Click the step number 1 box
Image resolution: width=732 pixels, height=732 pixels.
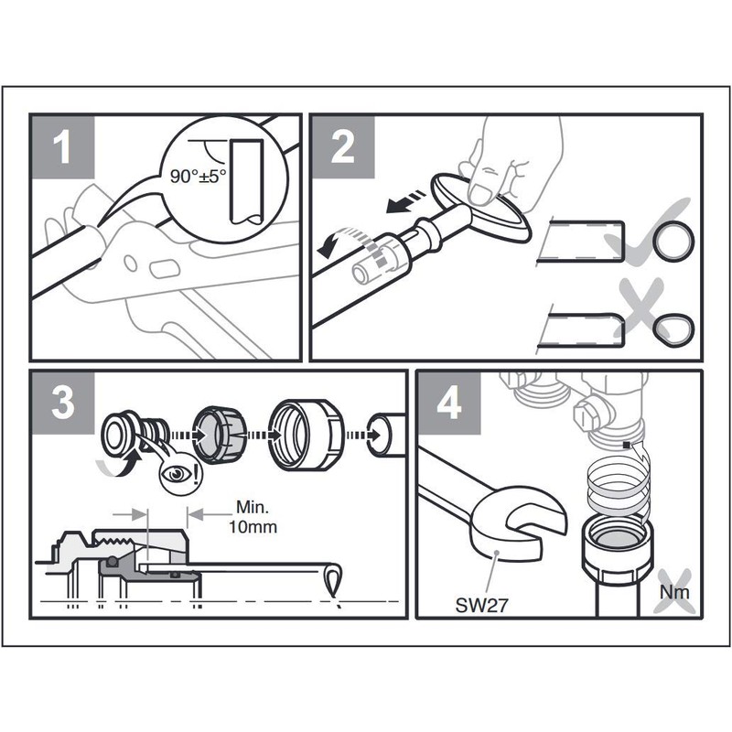click(x=62, y=147)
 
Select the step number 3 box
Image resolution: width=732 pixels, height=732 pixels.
click(x=62, y=403)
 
